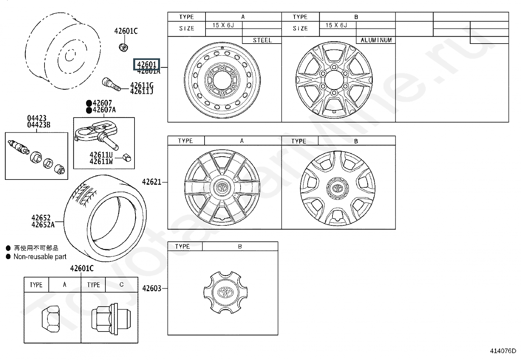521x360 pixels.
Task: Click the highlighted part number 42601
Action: [147, 65]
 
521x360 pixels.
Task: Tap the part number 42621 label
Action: [152, 182]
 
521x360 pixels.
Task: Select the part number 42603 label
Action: [152, 288]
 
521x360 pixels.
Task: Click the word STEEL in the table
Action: [262, 40]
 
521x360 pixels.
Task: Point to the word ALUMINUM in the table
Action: [376, 40]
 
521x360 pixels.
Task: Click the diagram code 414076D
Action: [503, 351]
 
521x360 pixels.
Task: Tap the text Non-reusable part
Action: [40, 257]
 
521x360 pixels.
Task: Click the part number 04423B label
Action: [39, 125]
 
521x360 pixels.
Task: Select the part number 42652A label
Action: [43, 225]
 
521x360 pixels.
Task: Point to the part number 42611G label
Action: [142, 85]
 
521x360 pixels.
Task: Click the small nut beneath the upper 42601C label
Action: [123, 47]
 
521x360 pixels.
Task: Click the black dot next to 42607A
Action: [89, 110]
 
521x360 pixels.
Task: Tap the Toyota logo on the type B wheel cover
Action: [337, 188]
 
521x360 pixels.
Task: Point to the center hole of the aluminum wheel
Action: [334, 81]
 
